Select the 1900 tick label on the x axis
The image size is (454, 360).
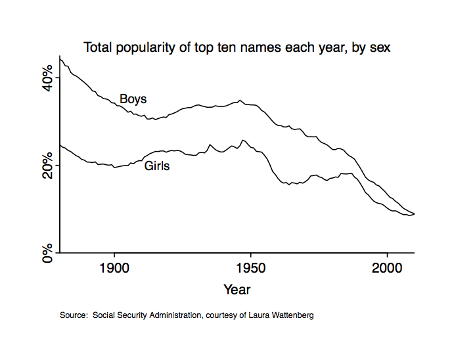tap(114, 269)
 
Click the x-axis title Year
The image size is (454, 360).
tap(237, 289)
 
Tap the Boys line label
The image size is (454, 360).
tap(133, 99)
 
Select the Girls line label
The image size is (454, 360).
tap(157, 166)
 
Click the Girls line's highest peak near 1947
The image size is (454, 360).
tap(243, 140)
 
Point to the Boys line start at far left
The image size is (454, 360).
tap(60, 58)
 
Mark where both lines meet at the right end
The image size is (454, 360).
tap(414, 214)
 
